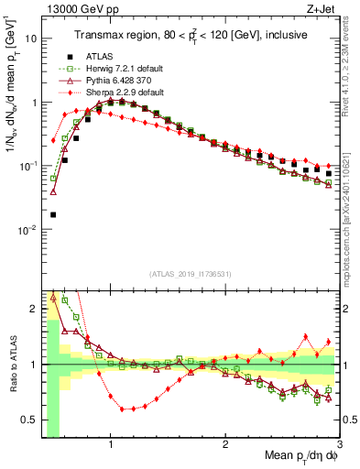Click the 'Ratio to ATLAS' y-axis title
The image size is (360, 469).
point(12,365)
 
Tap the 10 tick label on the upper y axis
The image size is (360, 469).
point(31,39)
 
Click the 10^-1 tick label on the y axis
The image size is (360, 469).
point(27,167)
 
